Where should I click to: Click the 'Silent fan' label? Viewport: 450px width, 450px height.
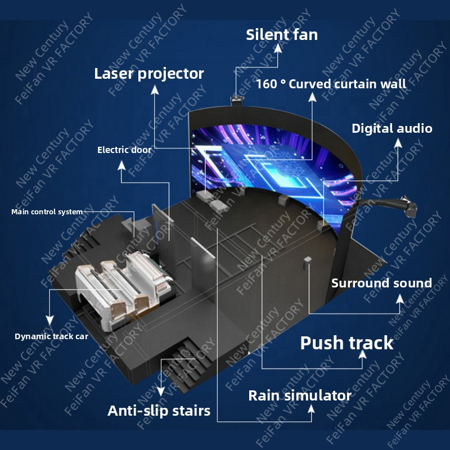click(x=282, y=35)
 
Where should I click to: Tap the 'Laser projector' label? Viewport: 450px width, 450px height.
click(x=149, y=73)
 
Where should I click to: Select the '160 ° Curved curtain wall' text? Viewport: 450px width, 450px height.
click(x=331, y=84)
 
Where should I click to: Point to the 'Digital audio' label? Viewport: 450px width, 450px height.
click(x=392, y=128)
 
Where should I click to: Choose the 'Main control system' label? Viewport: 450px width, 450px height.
click(x=47, y=212)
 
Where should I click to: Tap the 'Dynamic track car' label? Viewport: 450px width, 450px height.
click(x=51, y=337)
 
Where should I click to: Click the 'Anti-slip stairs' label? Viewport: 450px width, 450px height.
click(x=159, y=411)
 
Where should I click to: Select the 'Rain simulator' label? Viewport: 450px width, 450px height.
click(x=300, y=395)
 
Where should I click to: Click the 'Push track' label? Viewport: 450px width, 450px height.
click(x=346, y=343)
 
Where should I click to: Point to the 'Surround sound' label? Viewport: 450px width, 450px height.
click(x=381, y=283)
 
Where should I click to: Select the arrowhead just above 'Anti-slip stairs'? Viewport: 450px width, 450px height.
click(x=161, y=391)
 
